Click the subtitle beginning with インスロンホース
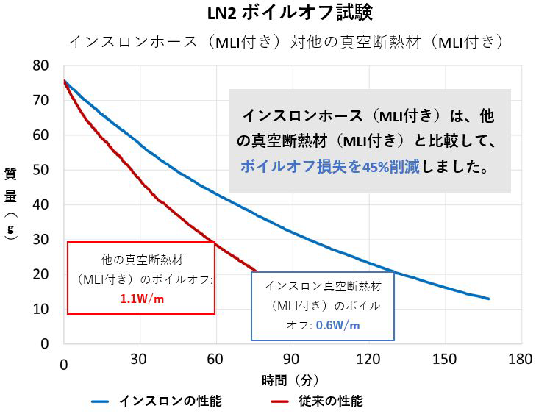286,41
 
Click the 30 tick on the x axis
140,361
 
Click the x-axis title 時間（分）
291,380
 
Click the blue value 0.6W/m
337,325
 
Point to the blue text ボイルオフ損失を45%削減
330,167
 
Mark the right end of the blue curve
488,299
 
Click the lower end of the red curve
254,270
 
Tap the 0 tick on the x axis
64,361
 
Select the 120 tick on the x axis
368,361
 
